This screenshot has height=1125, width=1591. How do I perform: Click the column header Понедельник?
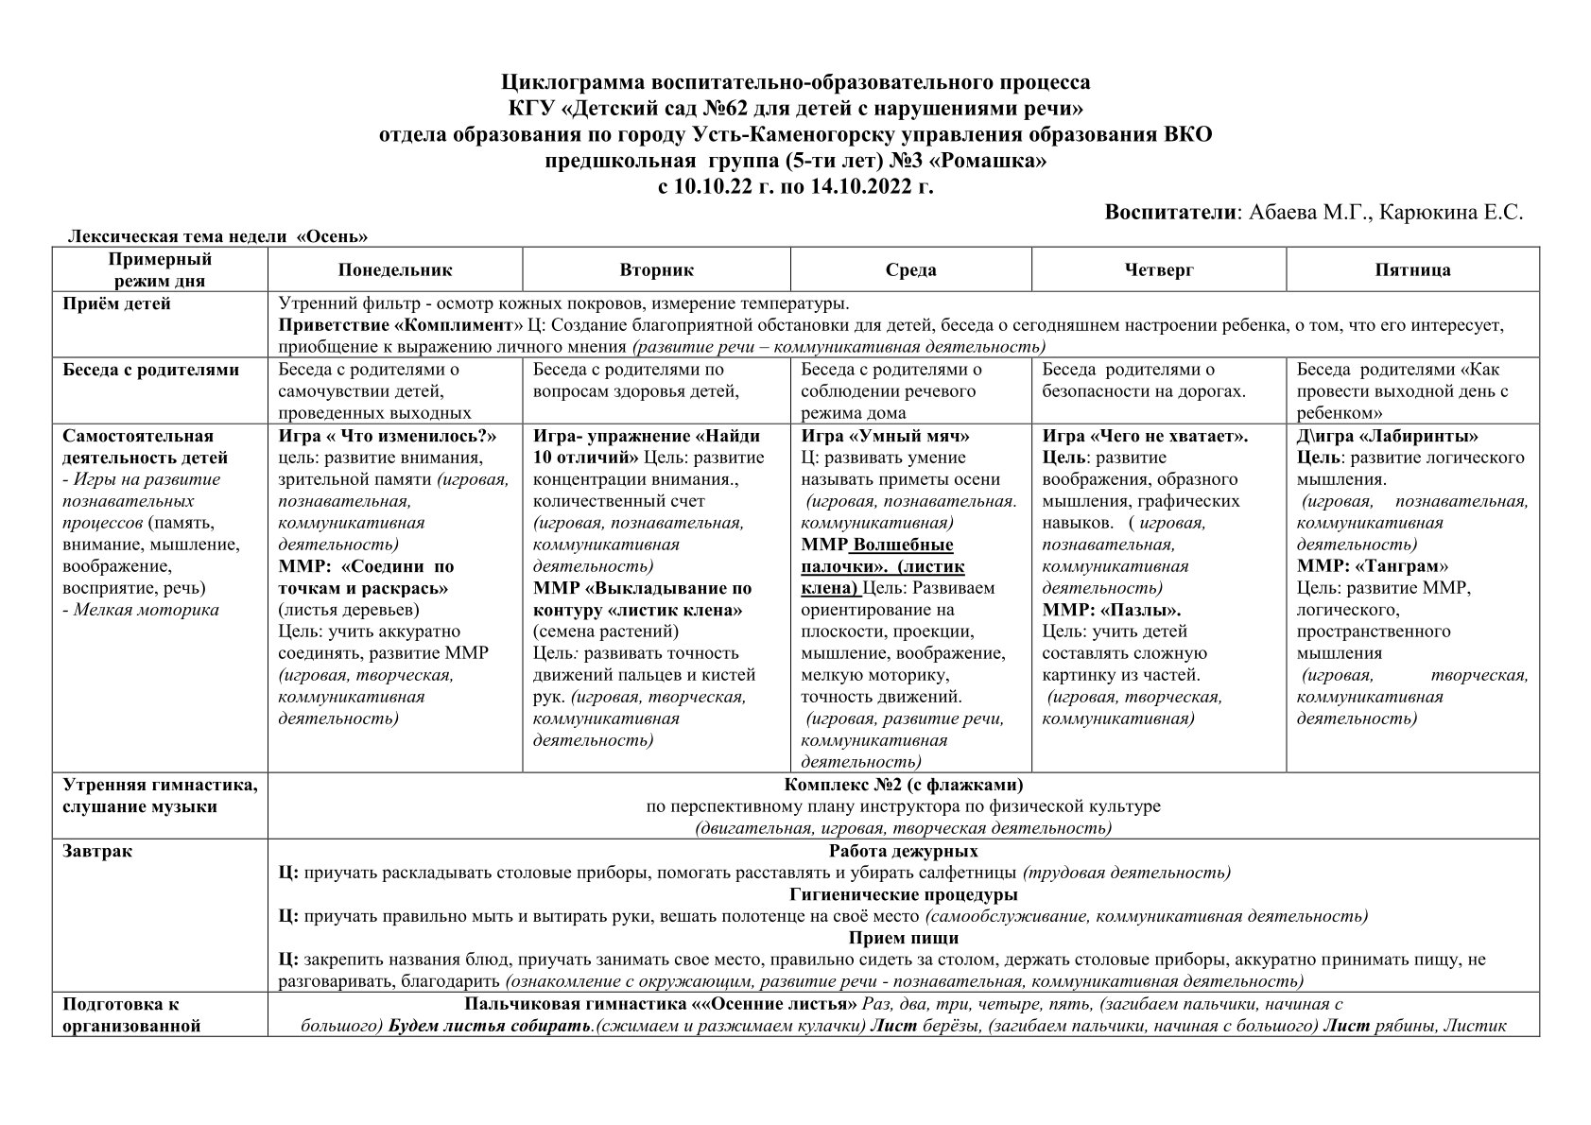(x=395, y=270)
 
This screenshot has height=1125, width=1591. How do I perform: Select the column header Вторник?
(x=656, y=270)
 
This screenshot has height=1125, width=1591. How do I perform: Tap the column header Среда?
(x=910, y=270)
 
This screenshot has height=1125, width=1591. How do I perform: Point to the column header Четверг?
(x=1159, y=270)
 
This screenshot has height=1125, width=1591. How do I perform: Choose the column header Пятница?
(x=1412, y=270)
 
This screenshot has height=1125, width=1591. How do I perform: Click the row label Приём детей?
(x=116, y=304)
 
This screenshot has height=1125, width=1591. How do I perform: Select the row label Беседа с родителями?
(x=150, y=370)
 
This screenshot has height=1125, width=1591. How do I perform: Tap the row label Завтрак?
(x=97, y=851)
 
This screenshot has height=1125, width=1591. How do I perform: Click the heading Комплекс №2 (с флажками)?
(x=903, y=785)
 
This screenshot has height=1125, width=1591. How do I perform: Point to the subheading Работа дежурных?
(x=903, y=851)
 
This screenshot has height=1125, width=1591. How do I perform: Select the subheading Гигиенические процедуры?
(x=903, y=894)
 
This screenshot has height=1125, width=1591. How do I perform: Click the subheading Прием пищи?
(x=903, y=938)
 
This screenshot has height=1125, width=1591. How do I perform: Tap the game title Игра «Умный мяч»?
(x=885, y=436)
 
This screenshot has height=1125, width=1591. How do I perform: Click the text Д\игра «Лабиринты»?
(x=1387, y=436)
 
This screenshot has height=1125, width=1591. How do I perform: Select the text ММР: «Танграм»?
(x=1372, y=566)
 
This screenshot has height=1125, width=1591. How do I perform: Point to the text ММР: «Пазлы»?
(x=1111, y=610)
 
